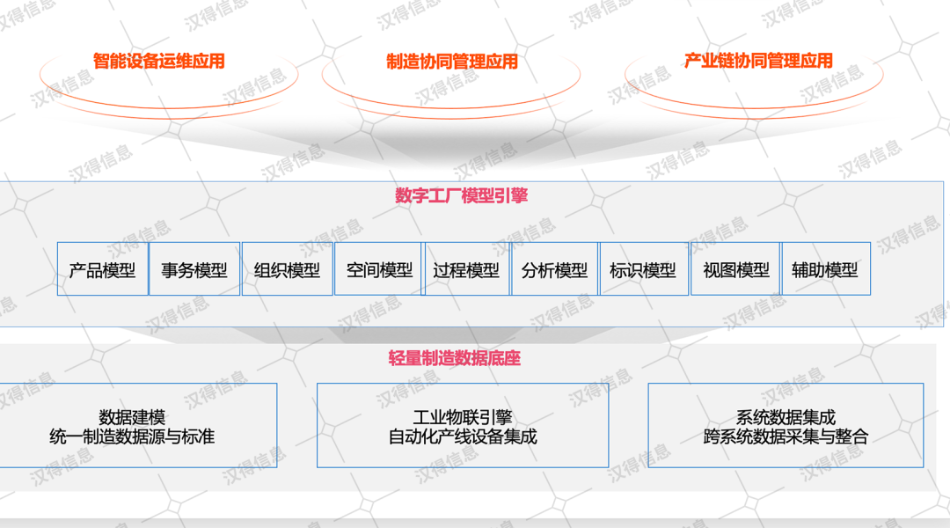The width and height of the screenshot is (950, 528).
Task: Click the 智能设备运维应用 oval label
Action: [x=159, y=62]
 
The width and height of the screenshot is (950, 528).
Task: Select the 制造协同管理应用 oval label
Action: [x=452, y=62]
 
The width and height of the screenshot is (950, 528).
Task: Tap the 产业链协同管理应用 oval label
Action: [x=758, y=62]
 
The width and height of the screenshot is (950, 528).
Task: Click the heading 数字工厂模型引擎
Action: [x=462, y=195]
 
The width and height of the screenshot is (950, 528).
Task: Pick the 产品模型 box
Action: [x=103, y=269]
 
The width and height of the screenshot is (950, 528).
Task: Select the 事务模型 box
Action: [x=194, y=269]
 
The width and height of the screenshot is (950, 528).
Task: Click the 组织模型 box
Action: [x=288, y=269]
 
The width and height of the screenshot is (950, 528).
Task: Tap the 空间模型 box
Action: [x=379, y=269]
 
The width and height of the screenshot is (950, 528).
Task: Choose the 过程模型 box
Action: [x=466, y=269]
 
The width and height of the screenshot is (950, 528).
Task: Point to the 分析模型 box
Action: [x=554, y=269]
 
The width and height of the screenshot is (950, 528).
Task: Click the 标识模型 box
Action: [x=643, y=269]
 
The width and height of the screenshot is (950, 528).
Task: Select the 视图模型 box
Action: [x=736, y=269]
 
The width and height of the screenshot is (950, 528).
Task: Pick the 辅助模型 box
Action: [x=825, y=269]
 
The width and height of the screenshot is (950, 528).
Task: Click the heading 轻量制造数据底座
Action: [x=455, y=358]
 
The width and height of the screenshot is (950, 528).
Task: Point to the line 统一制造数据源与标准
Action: [x=132, y=436]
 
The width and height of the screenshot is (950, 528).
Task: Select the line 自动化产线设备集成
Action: [x=463, y=436]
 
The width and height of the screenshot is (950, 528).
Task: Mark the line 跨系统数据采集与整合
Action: [x=786, y=436]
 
